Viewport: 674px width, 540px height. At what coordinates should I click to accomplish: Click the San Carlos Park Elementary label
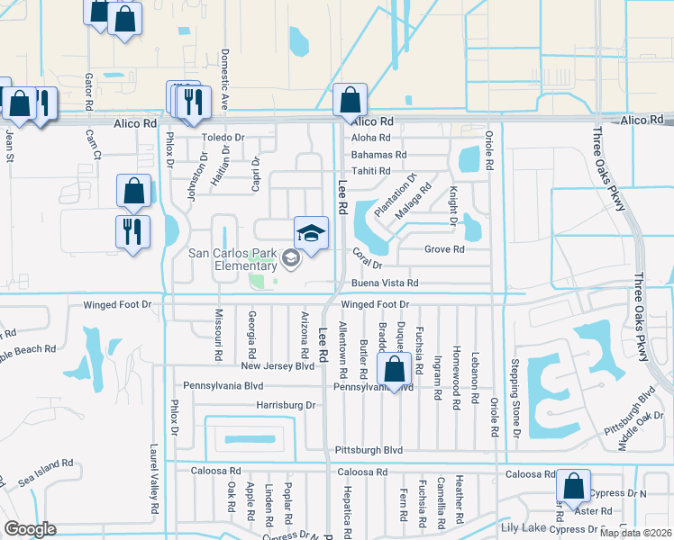[x=232, y=259]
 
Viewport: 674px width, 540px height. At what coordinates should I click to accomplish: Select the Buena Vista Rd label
[x=385, y=283]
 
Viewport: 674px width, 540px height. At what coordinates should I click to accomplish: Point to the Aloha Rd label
[x=370, y=138]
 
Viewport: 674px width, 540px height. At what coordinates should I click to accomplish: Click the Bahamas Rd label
[x=378, y=155]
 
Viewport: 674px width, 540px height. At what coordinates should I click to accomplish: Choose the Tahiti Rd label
[x=370, y=171]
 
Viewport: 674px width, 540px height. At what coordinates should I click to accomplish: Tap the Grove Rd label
[x=444, y=249]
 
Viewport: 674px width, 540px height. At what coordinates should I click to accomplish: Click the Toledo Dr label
[x=223, y=138]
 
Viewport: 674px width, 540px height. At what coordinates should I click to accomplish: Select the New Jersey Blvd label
[x=278, y=366]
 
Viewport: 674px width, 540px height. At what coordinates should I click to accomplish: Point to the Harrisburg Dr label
[x=286, y=405]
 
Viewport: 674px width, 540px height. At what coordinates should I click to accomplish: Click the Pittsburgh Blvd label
[x=368, y=449]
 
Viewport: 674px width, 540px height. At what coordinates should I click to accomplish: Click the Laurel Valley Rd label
[x=155, y=484]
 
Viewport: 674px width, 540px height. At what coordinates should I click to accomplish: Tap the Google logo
[x=29, y=529]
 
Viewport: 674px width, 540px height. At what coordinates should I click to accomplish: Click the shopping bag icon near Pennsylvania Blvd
[x=394, y=369]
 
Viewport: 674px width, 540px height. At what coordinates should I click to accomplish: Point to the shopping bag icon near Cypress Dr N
[x=573, y=487]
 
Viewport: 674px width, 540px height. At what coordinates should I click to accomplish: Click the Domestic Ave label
[x=225, y=79]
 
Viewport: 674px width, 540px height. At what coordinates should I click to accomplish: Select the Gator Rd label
[x=89, y=92]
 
